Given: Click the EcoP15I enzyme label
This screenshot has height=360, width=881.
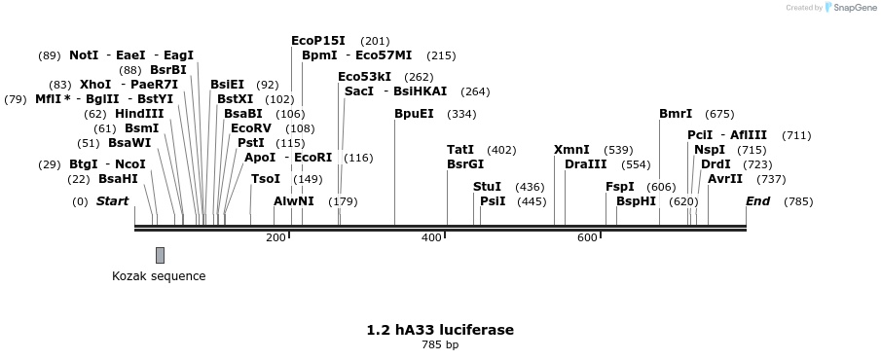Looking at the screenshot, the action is click(x=318, y=41).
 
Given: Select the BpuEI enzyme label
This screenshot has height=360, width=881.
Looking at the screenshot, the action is click(x=414, y=114).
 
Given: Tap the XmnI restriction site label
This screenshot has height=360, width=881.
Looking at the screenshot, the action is click(x=571, y=150).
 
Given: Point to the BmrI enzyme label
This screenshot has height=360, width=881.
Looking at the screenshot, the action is click(x=676, y=114).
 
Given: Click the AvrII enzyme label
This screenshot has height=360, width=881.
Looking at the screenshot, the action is click(x=725, y=179).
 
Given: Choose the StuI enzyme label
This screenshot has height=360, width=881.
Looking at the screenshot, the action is click(x=487, y=186).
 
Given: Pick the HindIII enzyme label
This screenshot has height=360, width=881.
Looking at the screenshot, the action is click(x=139, y=114).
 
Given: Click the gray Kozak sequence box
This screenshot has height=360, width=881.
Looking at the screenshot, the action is click(x=160, y=255).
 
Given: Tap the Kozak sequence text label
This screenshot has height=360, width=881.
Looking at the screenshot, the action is click(x=159, y=276).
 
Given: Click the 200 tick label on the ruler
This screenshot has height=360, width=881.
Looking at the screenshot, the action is click(x=275, y=238).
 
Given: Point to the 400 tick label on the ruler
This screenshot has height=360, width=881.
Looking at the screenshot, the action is click(x=431, y=238).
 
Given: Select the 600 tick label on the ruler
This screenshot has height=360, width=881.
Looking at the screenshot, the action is click(x=587, y=238).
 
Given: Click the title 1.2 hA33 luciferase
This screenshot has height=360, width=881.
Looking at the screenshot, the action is click(x=440, y=330).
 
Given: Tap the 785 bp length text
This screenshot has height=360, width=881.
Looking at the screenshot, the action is click(x=440, y=345).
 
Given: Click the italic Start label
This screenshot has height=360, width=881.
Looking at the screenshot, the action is click(x=112, y=201).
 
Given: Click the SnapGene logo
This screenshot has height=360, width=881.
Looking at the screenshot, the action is click(x=849, y=8).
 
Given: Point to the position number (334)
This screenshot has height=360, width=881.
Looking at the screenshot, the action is click(x=461, y=114).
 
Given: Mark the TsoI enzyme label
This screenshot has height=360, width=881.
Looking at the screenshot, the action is click(x=266, y=179).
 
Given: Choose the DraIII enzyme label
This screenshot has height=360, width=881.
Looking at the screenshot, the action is click(x=585, y=164).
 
